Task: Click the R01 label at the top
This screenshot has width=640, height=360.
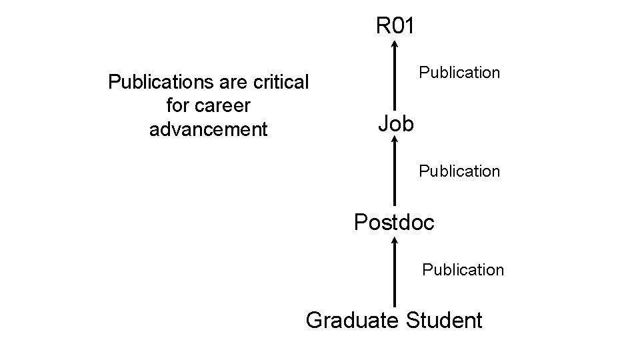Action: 395,26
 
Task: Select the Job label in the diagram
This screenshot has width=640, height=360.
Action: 395,123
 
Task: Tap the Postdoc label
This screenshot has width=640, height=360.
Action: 394,222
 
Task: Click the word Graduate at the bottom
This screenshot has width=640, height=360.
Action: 352,320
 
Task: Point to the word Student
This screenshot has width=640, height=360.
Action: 443,320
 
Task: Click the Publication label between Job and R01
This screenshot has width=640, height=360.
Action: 459,73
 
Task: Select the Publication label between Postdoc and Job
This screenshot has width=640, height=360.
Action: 459,171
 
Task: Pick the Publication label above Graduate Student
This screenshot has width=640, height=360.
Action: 463,270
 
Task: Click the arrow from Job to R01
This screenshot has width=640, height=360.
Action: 395,77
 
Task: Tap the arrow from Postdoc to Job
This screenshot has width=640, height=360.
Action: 395,173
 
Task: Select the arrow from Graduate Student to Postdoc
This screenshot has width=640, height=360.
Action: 395,273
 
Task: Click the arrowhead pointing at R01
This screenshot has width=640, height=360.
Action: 395,45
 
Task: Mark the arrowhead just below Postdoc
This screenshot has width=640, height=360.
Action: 395,239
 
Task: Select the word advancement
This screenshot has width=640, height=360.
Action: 208,129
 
